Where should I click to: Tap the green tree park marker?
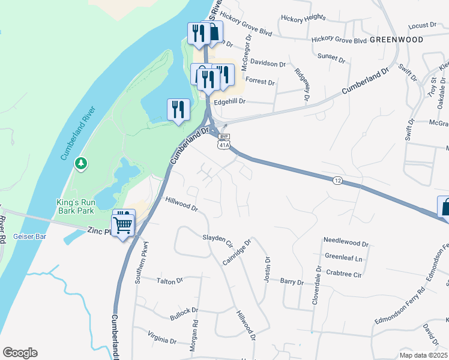pos(81,163)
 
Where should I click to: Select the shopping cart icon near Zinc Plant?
pos(123,226)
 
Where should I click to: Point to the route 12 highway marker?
pos(337,180)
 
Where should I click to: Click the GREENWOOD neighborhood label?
pos(396,40)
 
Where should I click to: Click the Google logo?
pos(20,353)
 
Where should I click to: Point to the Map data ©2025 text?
pos(423,355)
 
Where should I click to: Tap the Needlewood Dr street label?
pos(345,242)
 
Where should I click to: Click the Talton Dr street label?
pos(169,280)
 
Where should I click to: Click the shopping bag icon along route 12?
pos(444,207)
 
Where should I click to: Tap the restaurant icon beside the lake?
pos(178,109)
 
